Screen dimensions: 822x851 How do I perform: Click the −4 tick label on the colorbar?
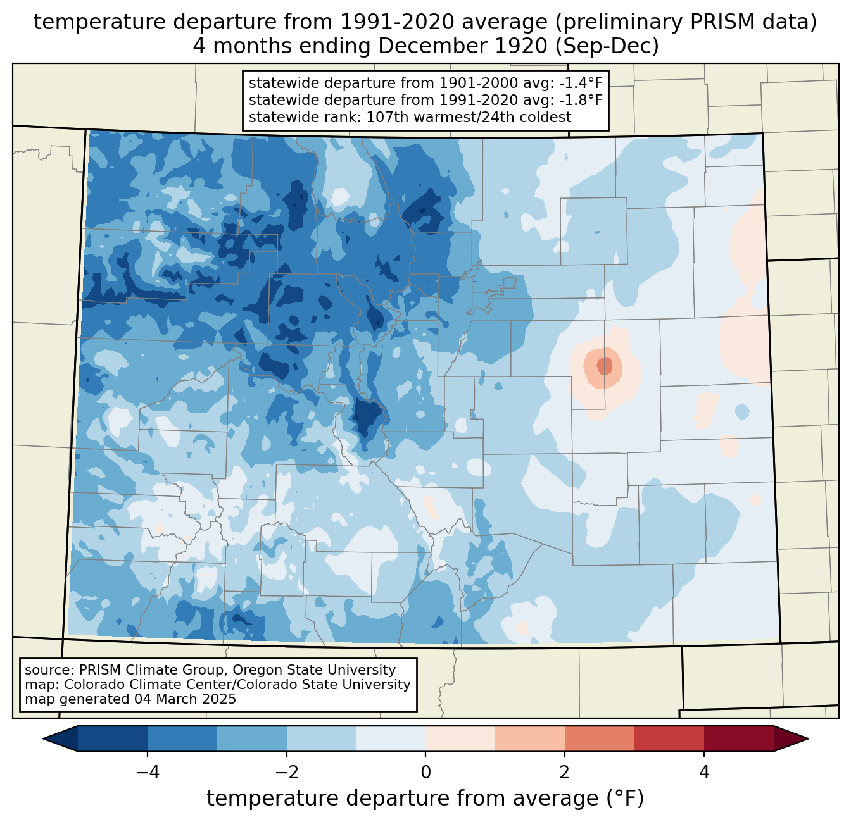(143, 772)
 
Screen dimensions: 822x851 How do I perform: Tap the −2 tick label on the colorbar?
(282, 772)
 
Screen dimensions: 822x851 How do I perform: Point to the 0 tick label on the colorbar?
(425, 772)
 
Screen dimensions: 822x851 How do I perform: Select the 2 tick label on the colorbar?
(565, 772)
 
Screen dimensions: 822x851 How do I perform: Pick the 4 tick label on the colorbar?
(704, 772)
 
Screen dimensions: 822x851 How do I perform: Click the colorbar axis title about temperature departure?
(425, 799)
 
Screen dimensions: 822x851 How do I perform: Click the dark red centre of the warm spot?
(605, 366)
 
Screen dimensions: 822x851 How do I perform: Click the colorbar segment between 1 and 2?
(530, 738)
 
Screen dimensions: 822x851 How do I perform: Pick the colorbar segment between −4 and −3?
(182, 738)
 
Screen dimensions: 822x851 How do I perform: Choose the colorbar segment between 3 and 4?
(669, 738)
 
